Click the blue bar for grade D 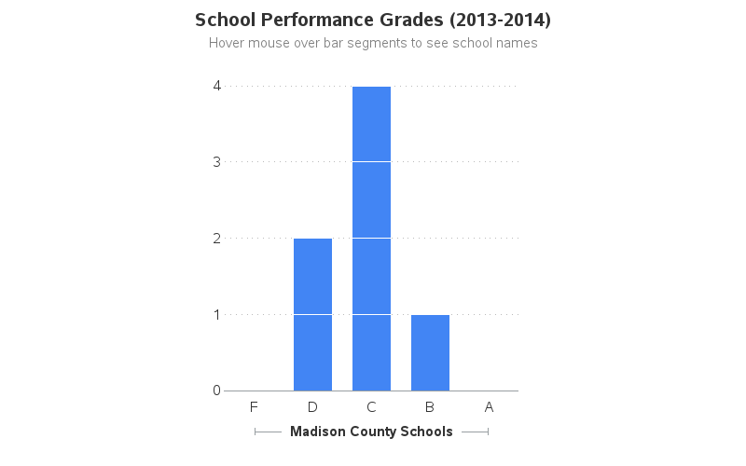pos(312,314)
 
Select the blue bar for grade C pos(371,239)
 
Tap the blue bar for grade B pos(430,352)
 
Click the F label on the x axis pos(254,406)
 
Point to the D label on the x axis pos(312,406)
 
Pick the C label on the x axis pos(371,406)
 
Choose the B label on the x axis pos(430,406)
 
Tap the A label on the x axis pos(489,406)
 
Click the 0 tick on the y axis pos(216,391)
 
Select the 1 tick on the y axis pos(216,314)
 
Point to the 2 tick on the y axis pos(216,238)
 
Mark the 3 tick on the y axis pos(216,161)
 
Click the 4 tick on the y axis pos(216,86)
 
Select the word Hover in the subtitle pos(228,43)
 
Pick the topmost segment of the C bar pos(371,123)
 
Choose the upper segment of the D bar pos(312,276)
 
